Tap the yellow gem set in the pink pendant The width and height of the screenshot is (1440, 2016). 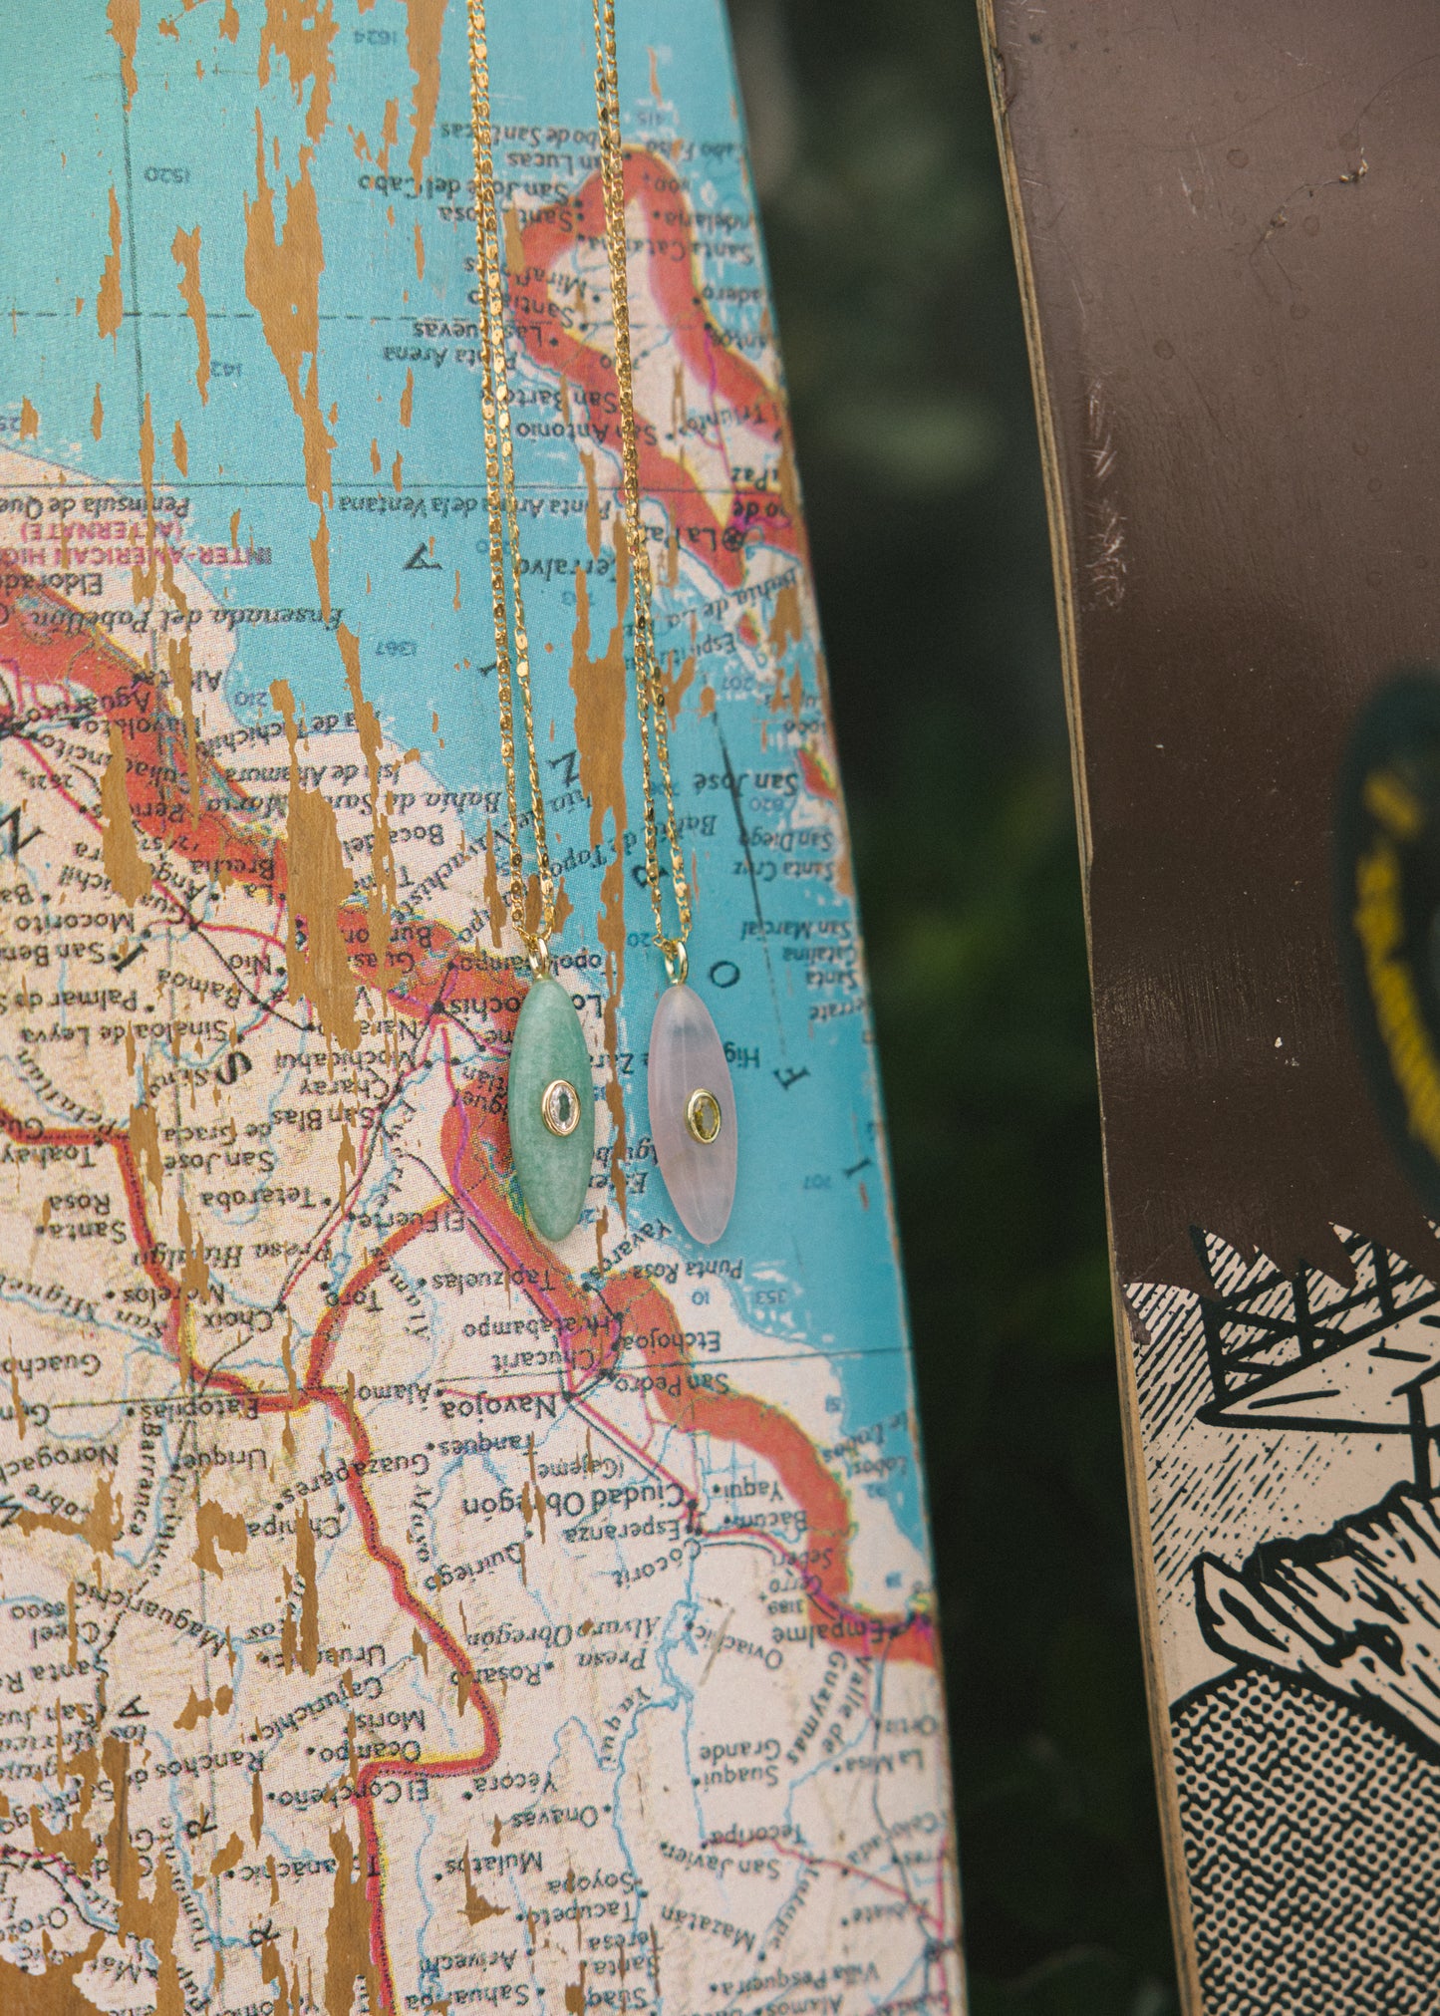pos(703,1115)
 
